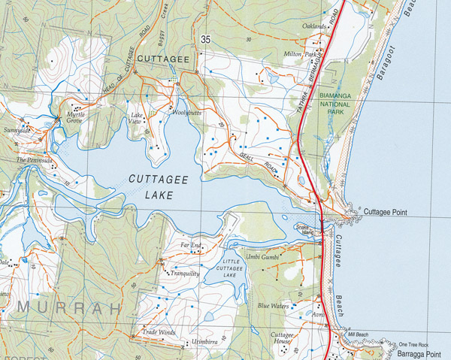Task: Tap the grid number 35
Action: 205,38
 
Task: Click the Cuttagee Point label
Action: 386,213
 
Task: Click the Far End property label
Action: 191,245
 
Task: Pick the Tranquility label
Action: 184,274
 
